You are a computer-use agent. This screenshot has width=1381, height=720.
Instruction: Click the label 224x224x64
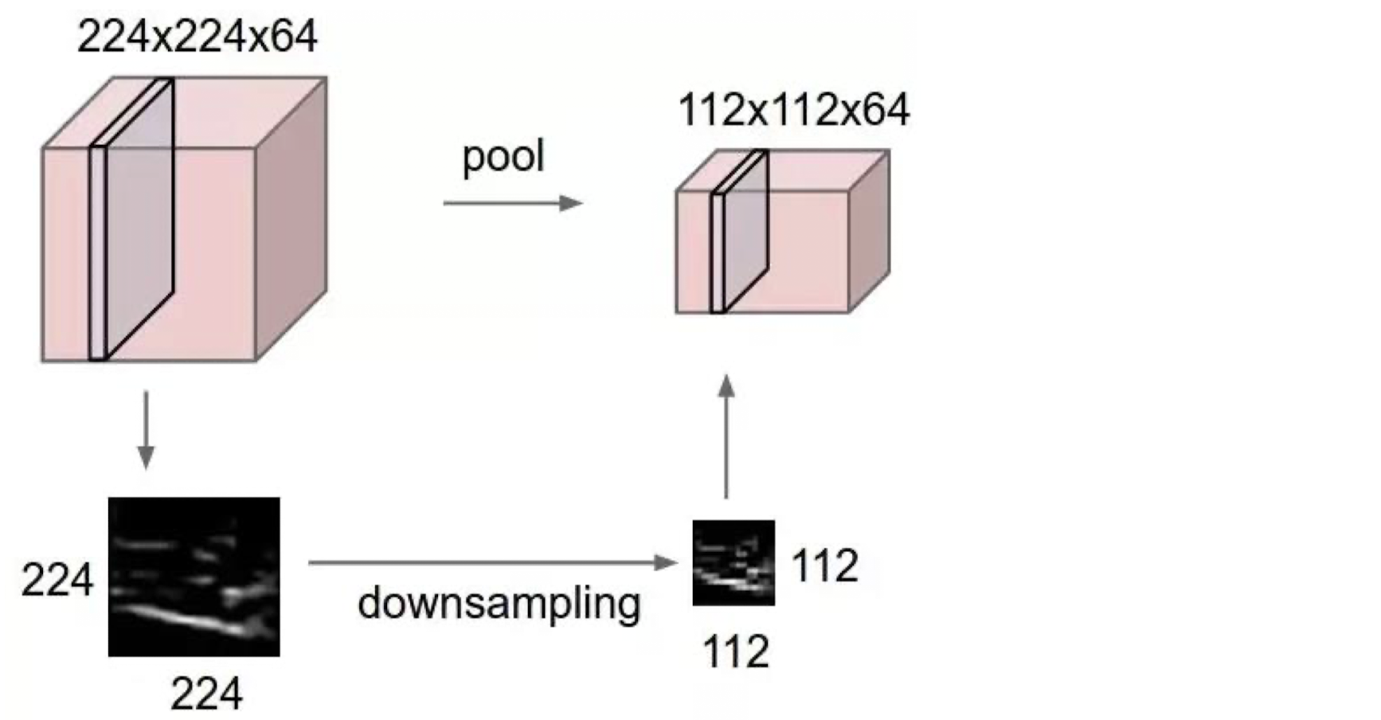[197, 37]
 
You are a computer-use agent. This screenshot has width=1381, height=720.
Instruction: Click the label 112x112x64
[793, 110]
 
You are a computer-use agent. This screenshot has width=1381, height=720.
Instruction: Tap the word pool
[503, 157]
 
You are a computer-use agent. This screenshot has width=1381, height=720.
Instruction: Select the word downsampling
[499, 604]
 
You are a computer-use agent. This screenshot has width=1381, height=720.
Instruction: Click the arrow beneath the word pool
[512, 203]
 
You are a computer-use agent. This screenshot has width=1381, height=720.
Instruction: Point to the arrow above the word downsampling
[492, 562]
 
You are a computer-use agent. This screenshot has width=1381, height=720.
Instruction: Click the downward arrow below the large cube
[146, 429]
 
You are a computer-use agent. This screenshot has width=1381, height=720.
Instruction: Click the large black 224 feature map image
[194, 577]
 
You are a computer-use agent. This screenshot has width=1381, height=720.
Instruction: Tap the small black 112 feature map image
[733, 562]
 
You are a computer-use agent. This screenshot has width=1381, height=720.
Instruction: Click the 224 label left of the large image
[57, 580]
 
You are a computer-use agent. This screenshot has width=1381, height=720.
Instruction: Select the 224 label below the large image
[205, 694]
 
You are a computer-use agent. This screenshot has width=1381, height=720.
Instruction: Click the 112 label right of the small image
[824, 566]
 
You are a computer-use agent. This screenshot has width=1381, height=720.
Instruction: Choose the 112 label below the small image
[735, 652]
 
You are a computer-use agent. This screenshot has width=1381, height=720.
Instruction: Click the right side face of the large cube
[291, 219]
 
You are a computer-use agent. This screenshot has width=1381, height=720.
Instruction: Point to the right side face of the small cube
[869, 231]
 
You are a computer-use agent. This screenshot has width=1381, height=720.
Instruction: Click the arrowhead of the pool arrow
[571, 203]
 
